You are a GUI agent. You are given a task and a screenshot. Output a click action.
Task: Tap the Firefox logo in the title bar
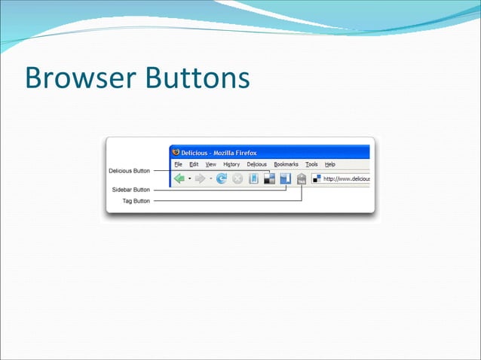[x=176, y=151]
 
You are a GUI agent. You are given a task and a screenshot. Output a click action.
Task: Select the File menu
[x=179, y=164]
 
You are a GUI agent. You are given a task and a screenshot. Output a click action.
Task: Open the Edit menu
[x=194, y=164]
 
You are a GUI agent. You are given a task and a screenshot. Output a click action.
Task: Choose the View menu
[x=211, y=164]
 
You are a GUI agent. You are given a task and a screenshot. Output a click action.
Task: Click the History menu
[x=231, y=164]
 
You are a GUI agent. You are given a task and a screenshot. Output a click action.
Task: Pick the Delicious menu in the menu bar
[x=256, y=164]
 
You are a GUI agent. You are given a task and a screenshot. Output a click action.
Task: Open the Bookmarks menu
[x=286, y=164]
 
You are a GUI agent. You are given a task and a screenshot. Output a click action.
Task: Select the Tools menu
[x=311, y=164]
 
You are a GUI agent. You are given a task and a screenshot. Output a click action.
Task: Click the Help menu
[x=330, y=164]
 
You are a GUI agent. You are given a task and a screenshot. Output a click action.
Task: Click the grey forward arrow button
[x=200, y=179]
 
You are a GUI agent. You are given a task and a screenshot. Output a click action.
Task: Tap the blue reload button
[x=222, y=179]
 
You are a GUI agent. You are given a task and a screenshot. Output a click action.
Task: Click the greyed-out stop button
[x=237, y=179]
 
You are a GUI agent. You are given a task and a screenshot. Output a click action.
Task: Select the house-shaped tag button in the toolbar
[x=302, y=179]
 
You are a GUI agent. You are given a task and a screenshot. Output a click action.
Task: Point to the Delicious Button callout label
[x=130, y=171]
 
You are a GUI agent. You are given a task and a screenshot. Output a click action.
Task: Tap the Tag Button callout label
[x=136, y=201]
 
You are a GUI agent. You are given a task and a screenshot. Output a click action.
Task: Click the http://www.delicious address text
[x=346, y=179]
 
